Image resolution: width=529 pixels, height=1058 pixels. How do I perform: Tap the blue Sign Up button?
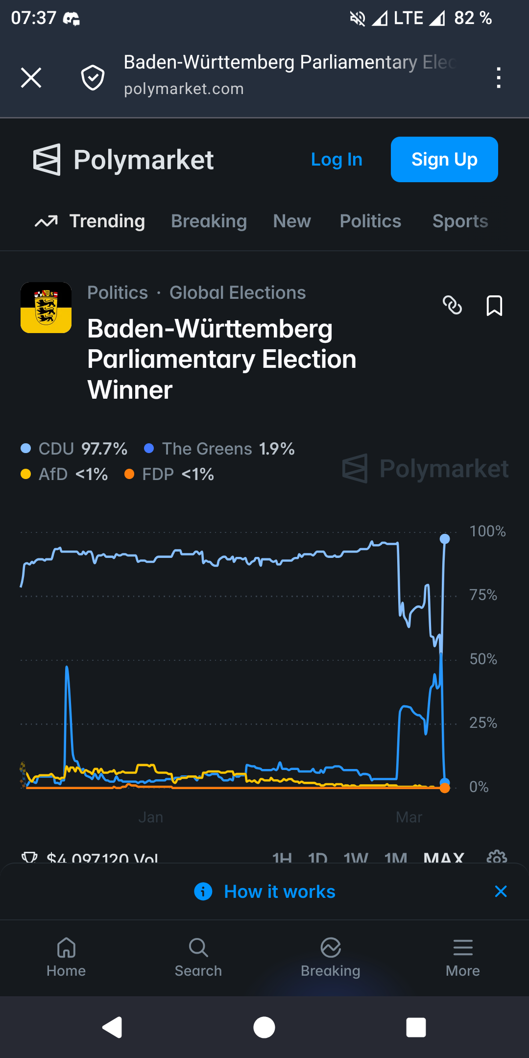[x=444, y=160]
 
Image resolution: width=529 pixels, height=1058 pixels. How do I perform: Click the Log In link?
[x=337, y=160]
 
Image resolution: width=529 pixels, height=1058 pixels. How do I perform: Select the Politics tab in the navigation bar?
[x=370, y=221]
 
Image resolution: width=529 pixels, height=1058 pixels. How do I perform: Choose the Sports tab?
[x=460, y=221]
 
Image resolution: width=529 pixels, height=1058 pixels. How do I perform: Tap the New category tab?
[x=292, y=221]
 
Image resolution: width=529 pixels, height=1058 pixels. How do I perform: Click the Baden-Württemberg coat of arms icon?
[x=46, y=308]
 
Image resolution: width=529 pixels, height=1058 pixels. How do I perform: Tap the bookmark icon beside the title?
[x=494, y=306]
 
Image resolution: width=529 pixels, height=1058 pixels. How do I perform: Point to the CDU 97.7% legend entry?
[x=74, y=449]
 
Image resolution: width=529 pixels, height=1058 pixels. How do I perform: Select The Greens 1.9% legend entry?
[x=219, y=449]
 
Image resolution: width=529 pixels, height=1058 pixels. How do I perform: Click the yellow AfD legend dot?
[x=26, y=474]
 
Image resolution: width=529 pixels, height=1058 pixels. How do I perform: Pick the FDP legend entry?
[x=169, y=474]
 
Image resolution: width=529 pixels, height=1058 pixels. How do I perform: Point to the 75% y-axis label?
[x=483, y=595]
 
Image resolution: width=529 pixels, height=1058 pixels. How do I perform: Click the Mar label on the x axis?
[x=409, y=817]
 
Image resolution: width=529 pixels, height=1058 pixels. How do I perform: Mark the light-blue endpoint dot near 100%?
[x=445, y=539]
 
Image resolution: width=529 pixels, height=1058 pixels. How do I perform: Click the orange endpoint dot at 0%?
[x=445, y=788]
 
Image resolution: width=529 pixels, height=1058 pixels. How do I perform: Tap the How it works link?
[x=279, y=891]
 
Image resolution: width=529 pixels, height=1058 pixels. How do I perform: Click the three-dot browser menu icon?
[x=499, y=78]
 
